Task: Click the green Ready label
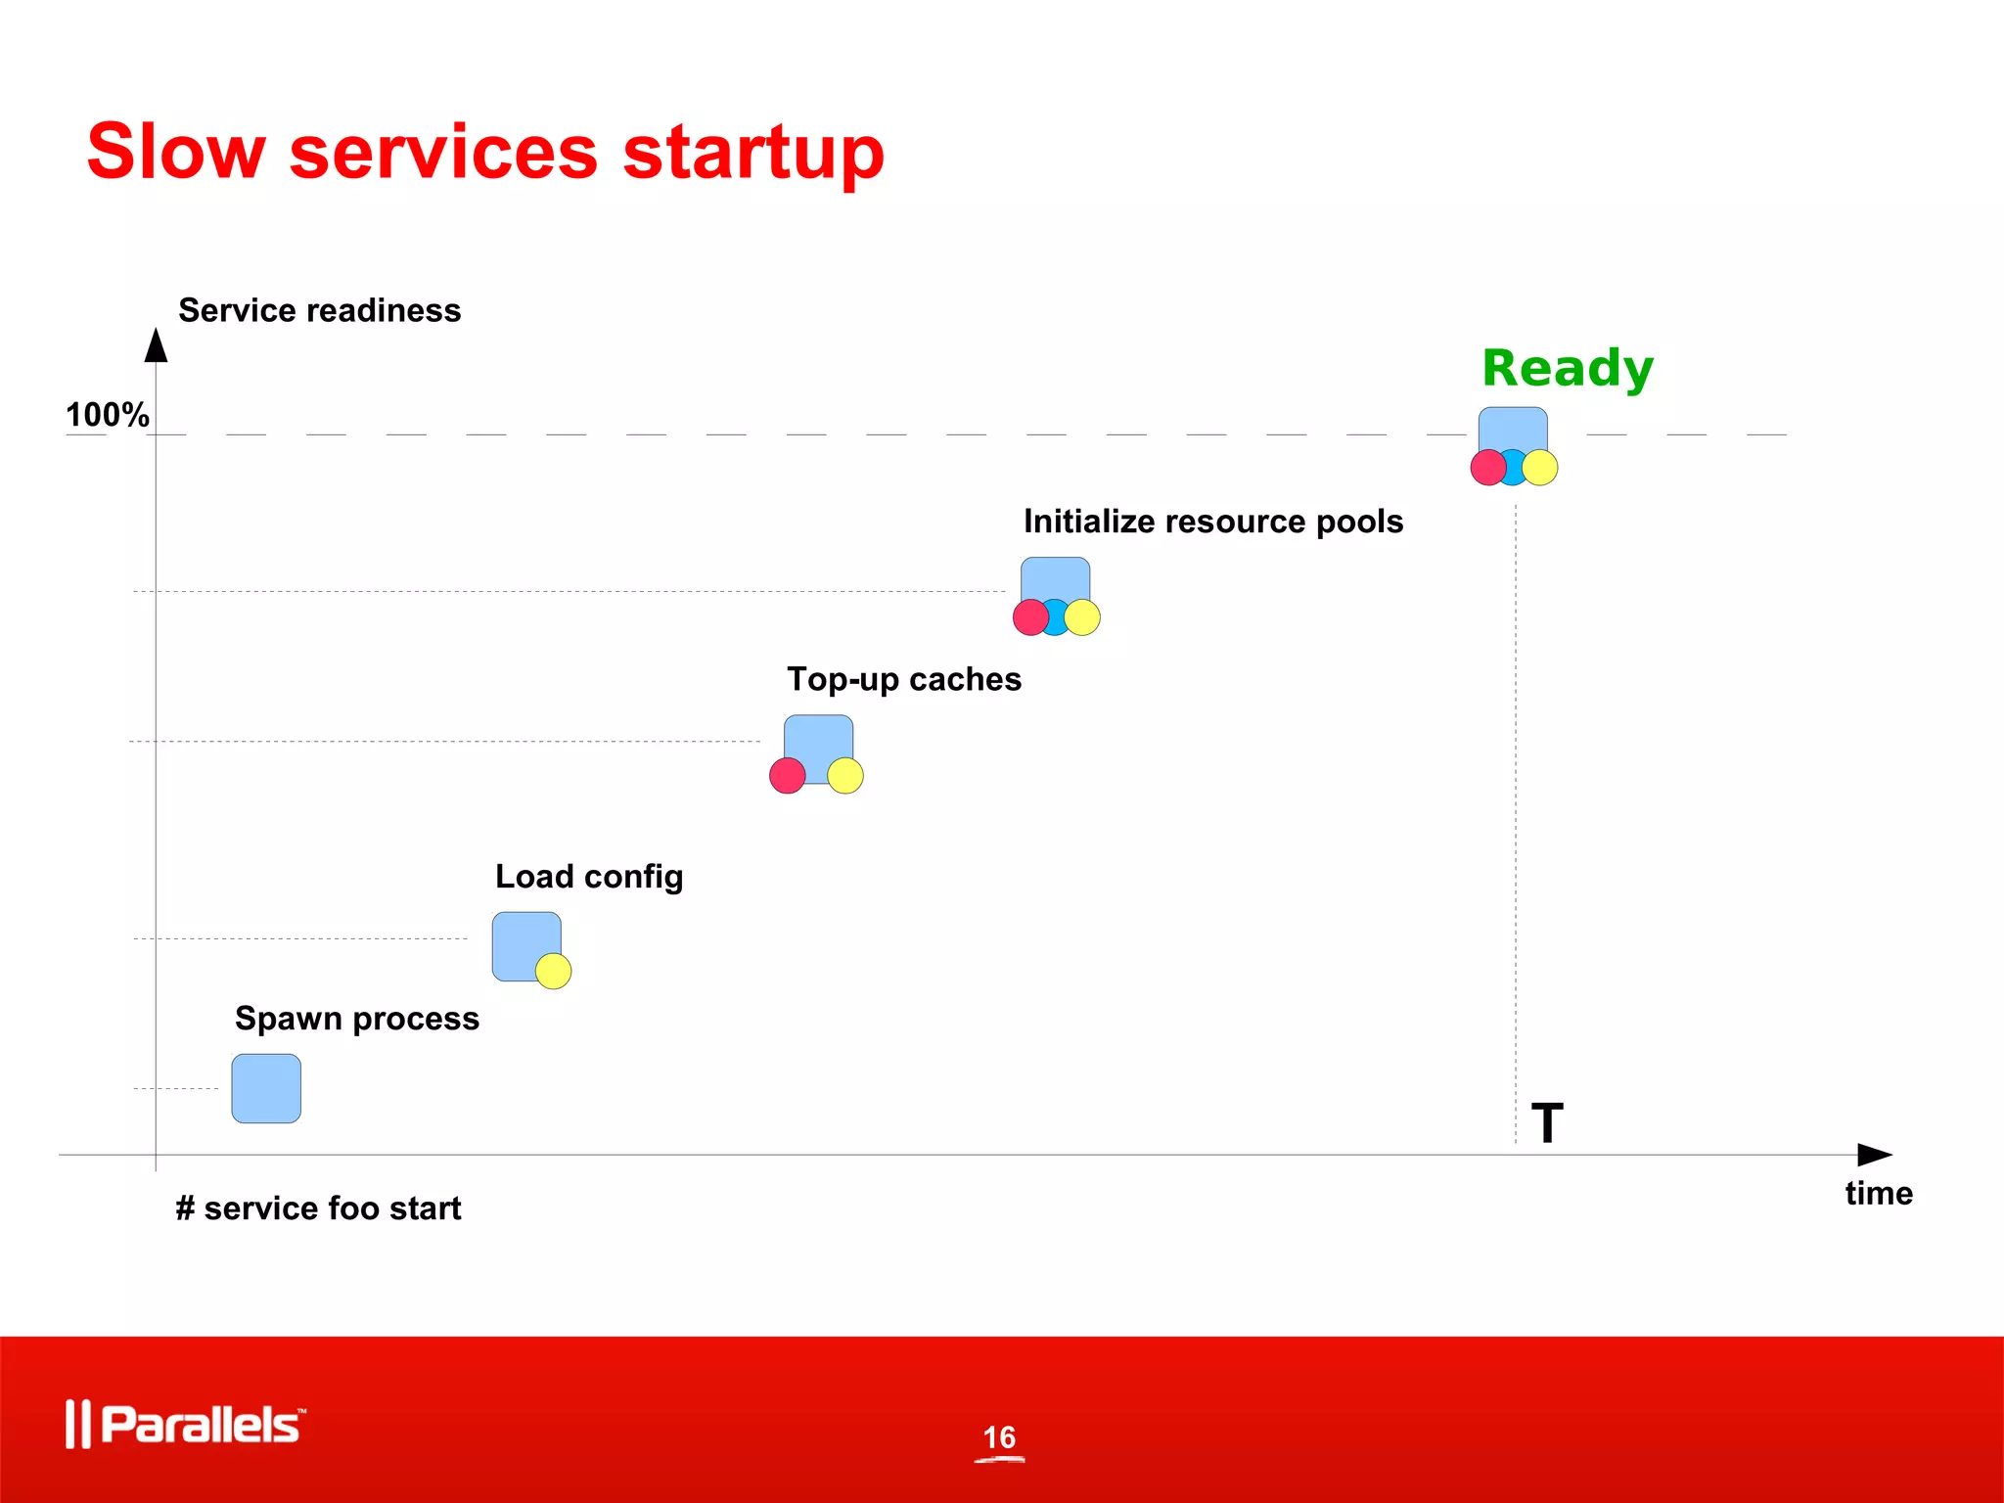point(1567,369)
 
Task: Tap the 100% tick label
point(107,415)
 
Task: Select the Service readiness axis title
point(319,310)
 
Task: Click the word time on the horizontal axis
point(1878,1193)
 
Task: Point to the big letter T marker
point(1547,1122)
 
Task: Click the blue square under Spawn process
point(266,1088)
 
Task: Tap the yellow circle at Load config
point(554,971)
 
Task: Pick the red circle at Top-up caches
point(788,775)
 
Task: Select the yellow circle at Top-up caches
point(845,775)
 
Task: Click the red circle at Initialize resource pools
point(1030,617)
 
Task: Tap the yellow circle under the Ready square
point(1540,468)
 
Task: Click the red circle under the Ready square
point(1488,468)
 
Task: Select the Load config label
point(589,877)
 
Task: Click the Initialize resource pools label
point(1213,522)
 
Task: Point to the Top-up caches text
point(904,679)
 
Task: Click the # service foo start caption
point(318,1208)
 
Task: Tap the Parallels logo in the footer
point(186,1424)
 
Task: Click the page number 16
point(999,1437)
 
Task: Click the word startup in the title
point(753,154)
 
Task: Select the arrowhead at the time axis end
point(1874,1155)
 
